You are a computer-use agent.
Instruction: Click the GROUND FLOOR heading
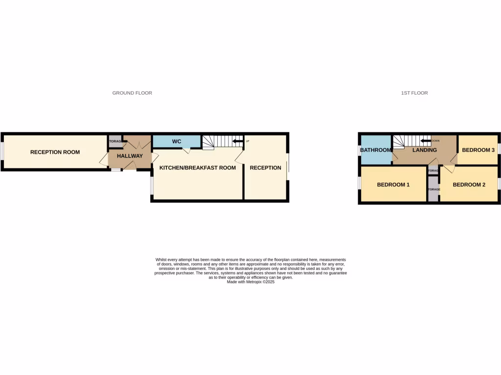pyautogui.click(x=132, y=93)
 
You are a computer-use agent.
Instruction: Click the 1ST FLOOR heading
pyautogui.click(x=413, y=93)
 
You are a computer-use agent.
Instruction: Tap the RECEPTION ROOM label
pyautogui.click(x=55, y=152)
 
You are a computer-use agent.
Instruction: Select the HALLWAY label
pyautogui.click(x=130, y=156)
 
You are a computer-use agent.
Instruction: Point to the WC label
pyautogui.click(x=177, y=142)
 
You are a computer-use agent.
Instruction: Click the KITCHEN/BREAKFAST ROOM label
pyautogui.click(x=198, y=168)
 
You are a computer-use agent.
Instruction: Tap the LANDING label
pyautogui.click(x=424, y=150)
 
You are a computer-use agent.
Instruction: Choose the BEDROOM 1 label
pyautogui.click(x=393, y=185)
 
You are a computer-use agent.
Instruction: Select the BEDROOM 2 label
pyautogui.click(x=469, y=185)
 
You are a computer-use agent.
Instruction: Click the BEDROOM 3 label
pyautogui.click(x=478, y=150)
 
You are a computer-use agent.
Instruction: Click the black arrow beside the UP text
pyautogui.click(x=238, y=142)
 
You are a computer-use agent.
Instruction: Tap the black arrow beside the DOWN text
pyautogui.click(x=425, y=141)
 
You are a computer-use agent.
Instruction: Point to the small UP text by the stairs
pyautogui.click(x=247, y=142)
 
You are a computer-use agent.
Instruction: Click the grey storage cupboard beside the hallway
pyautogui.click(x=114, y=142)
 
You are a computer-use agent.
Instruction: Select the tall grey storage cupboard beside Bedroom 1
pyautogui.click(x=433, y=189)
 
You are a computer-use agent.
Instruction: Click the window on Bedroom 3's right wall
pyautogui.click(x=500, y=147)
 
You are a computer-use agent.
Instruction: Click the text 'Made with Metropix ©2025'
pyautogui.click(x=250, y=282)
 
